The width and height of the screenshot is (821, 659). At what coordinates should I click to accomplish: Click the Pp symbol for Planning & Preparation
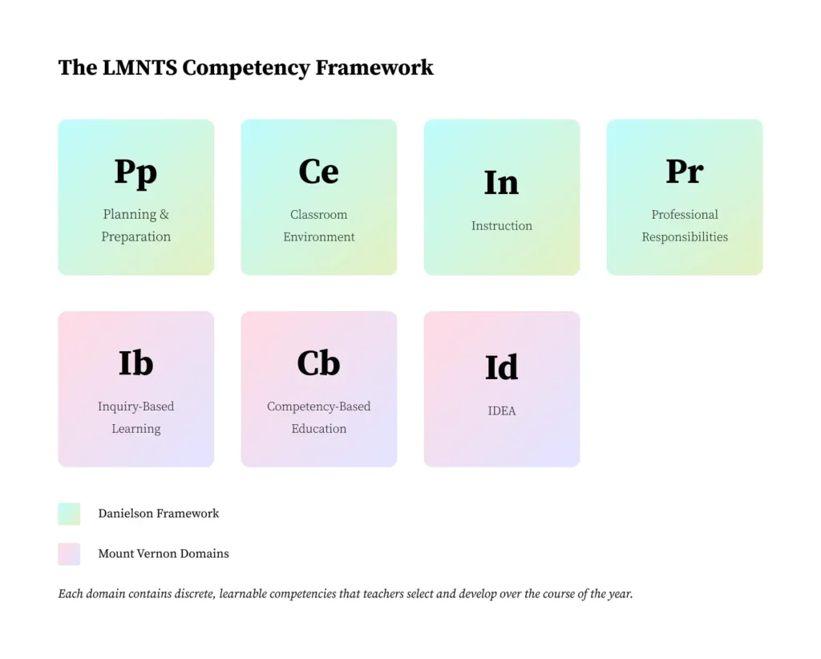click(x=135, y=172)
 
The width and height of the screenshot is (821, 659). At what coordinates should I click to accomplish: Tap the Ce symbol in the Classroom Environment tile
click(x=318, y=172)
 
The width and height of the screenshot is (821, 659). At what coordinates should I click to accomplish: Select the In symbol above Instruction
click(x=501, y=183)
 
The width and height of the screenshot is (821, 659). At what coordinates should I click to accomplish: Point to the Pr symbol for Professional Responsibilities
click(x=684, y=172)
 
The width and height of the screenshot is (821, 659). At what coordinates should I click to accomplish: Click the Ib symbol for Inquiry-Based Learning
click(x=135, y=363)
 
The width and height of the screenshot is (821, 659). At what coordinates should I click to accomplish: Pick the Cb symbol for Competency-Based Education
click(x=318, y=363)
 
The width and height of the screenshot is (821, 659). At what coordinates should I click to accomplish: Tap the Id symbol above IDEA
click(x=501, y=367)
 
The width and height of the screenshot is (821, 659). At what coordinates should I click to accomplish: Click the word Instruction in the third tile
click(x=501, y=226)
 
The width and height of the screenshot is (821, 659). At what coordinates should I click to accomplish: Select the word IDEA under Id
click(x=501, y=411)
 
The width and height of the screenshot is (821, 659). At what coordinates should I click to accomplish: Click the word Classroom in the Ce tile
click(x=318, y=215)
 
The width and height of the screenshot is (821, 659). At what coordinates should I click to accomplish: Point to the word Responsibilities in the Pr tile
click(x=684, y=237)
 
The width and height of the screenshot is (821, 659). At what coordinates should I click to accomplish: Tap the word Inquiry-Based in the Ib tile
click(x=135, y=406)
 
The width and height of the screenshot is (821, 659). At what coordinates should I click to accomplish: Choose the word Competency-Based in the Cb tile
click(x=318, y=406)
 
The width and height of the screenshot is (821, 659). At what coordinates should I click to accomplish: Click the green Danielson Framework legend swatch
click(x=69, y=514)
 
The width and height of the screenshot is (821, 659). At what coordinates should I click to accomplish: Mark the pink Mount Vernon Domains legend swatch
click(x=69, y=554)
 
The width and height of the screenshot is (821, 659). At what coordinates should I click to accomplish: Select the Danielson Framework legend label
click(x=158, y=514)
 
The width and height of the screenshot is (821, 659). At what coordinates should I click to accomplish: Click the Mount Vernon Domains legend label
click(x=163, y=554)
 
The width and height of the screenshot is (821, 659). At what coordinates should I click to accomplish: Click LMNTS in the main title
click(x=140, y=68)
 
